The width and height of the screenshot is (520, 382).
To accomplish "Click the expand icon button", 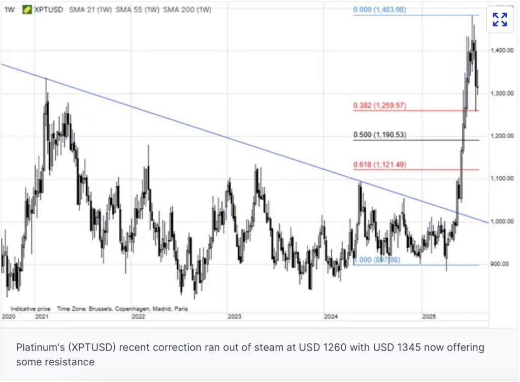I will coord(500,20).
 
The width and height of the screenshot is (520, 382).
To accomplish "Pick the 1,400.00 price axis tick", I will coord(502,51).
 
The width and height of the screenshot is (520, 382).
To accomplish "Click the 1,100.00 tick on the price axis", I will coord(502,178).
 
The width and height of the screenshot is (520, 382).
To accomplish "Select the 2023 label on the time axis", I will coord(234,316).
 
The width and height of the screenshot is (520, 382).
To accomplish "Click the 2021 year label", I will coord(42,316).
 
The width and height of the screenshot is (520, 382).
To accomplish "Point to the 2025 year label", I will coord(429,316).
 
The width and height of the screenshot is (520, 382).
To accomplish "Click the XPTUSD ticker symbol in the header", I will coord(48,10).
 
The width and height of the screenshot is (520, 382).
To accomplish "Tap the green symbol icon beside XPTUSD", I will coord(26,10).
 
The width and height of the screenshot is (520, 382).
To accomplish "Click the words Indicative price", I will coord(30,308).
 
